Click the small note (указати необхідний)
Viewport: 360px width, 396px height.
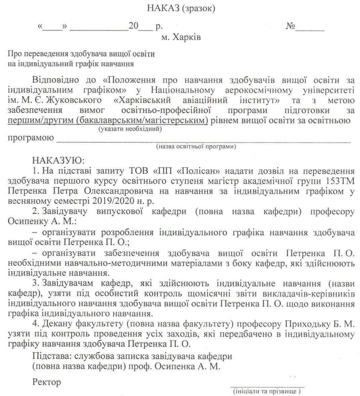pyautogui.click(x=130, y=129)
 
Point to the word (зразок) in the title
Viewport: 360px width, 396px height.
pyautogui.click(x=198, y=8)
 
